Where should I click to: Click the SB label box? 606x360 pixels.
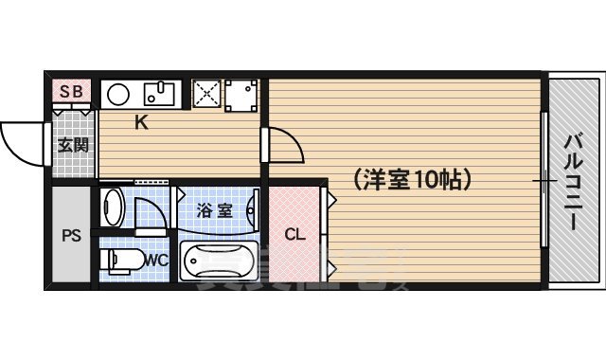click(72, 92)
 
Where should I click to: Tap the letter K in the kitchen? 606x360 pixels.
click(139, 121)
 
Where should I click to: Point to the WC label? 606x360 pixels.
click(157, 259)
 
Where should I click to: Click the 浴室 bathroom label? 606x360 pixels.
click(214, 210)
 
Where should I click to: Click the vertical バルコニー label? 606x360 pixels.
click(573, 180)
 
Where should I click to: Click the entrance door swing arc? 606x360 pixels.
click(24, 142)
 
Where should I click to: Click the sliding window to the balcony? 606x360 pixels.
click(545, 180)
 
